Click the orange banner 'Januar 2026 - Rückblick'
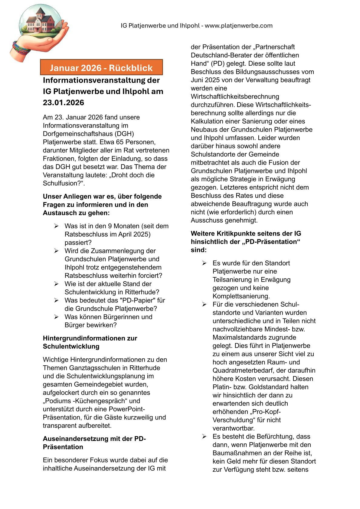pyautogui.click(x=101, y=68)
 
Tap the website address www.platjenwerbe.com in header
pyautogui.click(x=239, y=26)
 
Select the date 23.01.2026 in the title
pyautogui.click(x=63, y=103)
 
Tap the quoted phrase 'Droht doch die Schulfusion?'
pyautogui.click(x=99, y=179)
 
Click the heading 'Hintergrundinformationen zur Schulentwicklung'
pyautogui.click(x=90, y=342)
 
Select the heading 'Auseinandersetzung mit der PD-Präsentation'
pyautogui.click(x=94, y=443)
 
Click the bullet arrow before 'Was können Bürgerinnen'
pyautogui.click(x=56, y=317)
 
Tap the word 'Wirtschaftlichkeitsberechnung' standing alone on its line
pyautogui.click(x=235, y=97)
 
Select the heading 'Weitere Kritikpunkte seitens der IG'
pyautogui.click(x=246, y=234)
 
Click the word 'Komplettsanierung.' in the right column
pyautogui.click(x=241, y=296)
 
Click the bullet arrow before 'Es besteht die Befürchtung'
pyautogui.click(x=205, y=437)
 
